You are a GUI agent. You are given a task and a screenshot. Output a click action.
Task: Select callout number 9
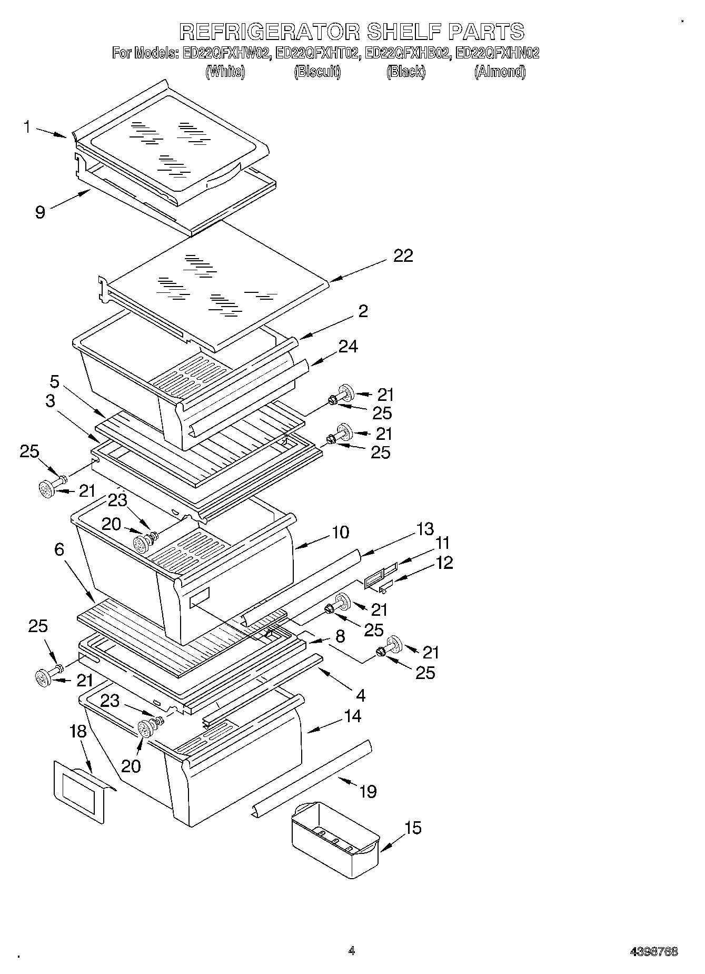click(41, 212)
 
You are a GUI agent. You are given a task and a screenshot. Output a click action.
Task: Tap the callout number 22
click(403, 255)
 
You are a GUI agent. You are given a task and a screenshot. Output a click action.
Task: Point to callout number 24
click(348, 346)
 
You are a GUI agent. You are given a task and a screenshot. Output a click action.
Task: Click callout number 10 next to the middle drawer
click(340, 532)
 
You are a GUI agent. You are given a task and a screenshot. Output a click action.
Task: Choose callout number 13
click(424, 528)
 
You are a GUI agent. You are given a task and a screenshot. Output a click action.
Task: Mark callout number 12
click(444, 563)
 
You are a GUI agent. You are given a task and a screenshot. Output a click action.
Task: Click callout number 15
click(413, 828)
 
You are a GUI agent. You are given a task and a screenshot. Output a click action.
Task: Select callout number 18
click(77, 731)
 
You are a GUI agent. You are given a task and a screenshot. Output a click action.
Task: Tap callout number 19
click(368, 791)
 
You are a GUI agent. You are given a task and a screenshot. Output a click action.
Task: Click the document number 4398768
click(654, 951)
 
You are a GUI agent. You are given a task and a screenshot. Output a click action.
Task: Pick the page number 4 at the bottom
click(352, 951)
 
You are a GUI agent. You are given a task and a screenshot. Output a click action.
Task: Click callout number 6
click(59, 549)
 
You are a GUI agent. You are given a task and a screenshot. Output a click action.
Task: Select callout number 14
click(352, 716)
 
